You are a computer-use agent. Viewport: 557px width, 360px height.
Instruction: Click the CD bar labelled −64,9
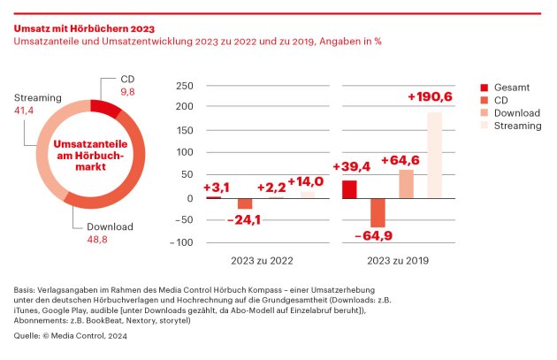(378, 213)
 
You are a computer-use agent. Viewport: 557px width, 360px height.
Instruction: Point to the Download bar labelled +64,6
(406, 184)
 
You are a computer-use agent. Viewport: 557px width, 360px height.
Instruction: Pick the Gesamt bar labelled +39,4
(349, 189)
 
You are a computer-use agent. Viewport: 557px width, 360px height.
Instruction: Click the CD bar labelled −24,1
(245, 203)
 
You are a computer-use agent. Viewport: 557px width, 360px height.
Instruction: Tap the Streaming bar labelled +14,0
(307, 195)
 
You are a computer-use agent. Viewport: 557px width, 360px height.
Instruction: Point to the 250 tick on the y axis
(183, 86)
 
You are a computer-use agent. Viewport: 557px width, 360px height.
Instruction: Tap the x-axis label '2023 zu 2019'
(393, 261)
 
